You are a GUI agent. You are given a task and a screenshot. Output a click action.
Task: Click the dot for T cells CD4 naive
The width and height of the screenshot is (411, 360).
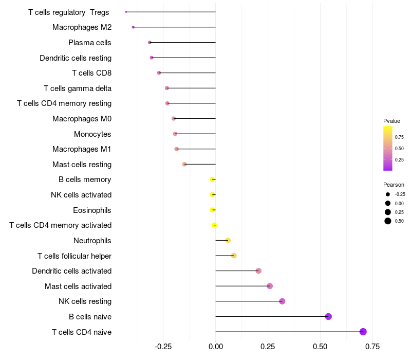click(363, 332)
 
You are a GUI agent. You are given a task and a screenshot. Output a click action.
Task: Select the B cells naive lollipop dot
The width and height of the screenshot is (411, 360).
click(328, 316)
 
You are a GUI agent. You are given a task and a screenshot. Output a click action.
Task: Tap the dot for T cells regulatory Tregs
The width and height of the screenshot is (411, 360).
click(126, 12)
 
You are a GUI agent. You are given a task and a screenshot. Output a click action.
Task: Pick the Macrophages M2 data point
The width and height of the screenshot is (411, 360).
click(133, 27)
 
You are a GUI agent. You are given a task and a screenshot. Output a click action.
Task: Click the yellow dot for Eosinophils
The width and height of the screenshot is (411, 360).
click(212, 210)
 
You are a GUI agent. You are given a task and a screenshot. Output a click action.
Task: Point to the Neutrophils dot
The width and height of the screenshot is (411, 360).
click(228, 240)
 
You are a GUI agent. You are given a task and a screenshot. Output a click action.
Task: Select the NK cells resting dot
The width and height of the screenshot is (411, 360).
click(282, 301)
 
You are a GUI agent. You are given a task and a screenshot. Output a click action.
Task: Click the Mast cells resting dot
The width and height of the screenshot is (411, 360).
click(184, 164)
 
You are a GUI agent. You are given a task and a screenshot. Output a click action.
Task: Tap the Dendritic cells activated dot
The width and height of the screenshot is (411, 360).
click(258, 271)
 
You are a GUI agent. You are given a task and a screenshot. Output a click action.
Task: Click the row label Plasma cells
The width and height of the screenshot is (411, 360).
click(89, 43)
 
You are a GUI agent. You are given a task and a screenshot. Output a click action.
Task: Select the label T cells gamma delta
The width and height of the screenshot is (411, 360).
click(78, 88)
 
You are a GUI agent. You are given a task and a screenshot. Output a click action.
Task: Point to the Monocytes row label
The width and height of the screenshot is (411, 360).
click(92, 134)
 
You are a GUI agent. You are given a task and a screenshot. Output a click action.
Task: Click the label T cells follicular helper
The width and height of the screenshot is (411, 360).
click(74, 256)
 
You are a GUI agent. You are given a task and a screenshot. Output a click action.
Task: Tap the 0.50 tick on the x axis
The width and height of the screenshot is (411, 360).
click(320, 347)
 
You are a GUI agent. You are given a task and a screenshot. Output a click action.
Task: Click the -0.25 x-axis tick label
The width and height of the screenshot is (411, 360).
click(163, 347)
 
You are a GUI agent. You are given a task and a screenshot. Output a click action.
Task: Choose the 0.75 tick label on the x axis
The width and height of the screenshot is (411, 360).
click(372, 347)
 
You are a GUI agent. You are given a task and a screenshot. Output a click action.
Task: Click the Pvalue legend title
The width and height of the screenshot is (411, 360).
click(391, 121)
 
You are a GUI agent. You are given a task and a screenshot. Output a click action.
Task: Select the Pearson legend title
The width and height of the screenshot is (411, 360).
click(394, 185)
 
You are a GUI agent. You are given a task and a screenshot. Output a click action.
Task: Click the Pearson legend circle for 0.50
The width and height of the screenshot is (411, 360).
click(388, 221)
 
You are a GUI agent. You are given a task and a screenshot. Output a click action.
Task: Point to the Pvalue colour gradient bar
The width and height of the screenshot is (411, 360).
click(388, 149)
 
